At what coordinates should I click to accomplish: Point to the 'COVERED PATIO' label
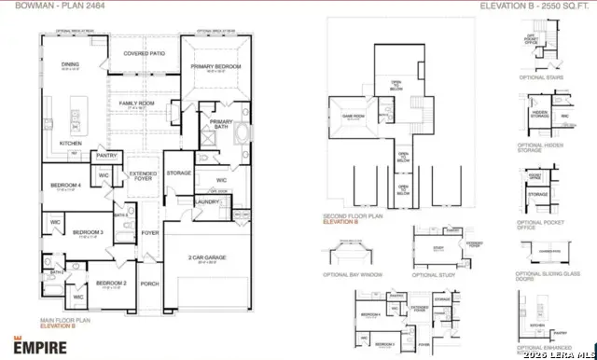pyautogui.click(x=145, y=53)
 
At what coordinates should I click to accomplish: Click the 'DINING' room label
pyautogui.click(x=71, y=64)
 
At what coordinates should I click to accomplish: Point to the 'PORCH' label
pyautogui.click(x=150, y=284)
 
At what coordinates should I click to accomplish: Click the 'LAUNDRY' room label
pyautogui.click(x=207, y=201)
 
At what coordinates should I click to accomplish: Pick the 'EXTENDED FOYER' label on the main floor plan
pyautogui.click(x=143, y=176)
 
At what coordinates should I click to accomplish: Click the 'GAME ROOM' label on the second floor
pyautogui.click(x=353, y=116)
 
